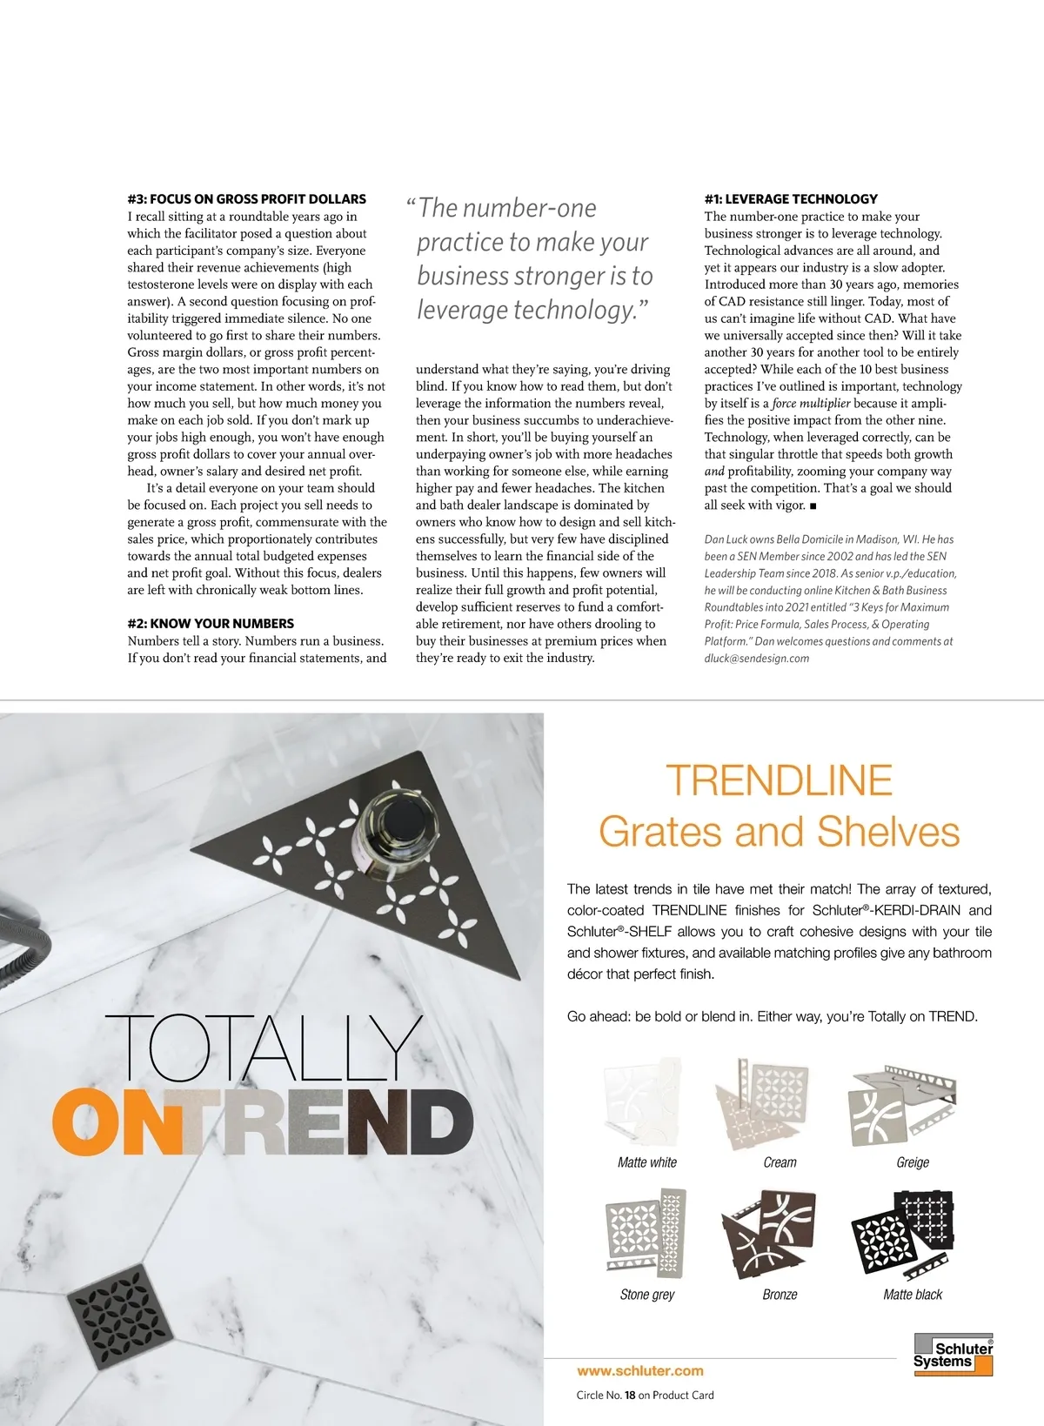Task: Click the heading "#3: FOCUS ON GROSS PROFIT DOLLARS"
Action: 246,199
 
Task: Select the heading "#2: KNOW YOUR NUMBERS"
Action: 211,624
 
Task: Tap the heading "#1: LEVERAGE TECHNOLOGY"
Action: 791,199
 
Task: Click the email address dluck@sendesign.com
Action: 757,659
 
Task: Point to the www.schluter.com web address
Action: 640,1371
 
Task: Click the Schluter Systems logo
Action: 954,1355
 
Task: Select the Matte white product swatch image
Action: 645,1102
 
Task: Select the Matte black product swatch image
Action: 903,1234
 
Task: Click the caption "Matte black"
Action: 913,1295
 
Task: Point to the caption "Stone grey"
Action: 647,1295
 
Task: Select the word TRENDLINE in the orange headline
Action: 780,780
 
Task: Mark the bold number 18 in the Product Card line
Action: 630,1396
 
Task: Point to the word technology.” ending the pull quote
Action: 581,310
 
